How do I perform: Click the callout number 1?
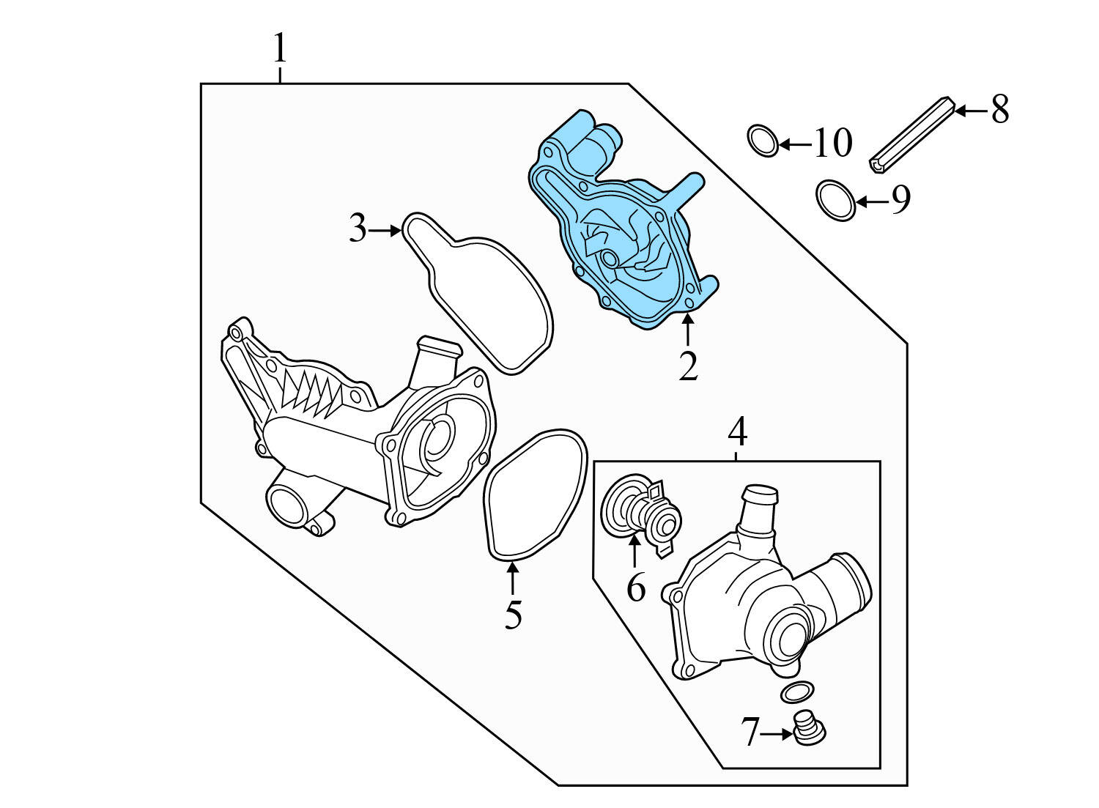pyautogui.click(x=279, y=49)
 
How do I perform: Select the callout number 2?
pyautogui.click(x=687, y=366)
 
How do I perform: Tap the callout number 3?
pyautogui.click(x=357, y=229)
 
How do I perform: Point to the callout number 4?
pyautogui.click(x=737, y=432)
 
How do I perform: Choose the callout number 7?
pyautogui.click(x=750, y=732)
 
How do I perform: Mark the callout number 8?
pyautogui.click(x=1000, y=110)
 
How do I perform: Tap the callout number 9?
pyautogui.click(x=900, y=199)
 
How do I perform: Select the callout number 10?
pyautogui.click(x=833, y=143)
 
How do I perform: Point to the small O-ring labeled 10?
pyautogui.click(x=763, y=141)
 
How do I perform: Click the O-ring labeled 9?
pyautogui.click(x=835, y=199)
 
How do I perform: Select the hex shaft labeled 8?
pyautogui.click(x=912, y=136)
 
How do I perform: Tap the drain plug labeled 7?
pyautogui.click(x=810, y=729)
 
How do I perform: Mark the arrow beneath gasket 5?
pyautogui.click(x=513, y=579)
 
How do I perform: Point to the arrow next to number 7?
pyautogui.click(x=777, y=732)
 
